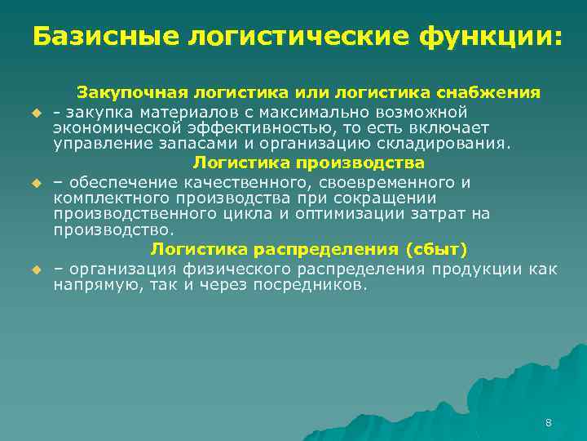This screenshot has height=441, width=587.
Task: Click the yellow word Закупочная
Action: [130, 92]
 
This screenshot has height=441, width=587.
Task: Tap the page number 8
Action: [548, 422]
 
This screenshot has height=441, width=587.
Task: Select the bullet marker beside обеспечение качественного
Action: [36, 184]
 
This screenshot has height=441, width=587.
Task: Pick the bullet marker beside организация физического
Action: [36, 269]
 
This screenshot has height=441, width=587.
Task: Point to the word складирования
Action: [445, 145]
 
